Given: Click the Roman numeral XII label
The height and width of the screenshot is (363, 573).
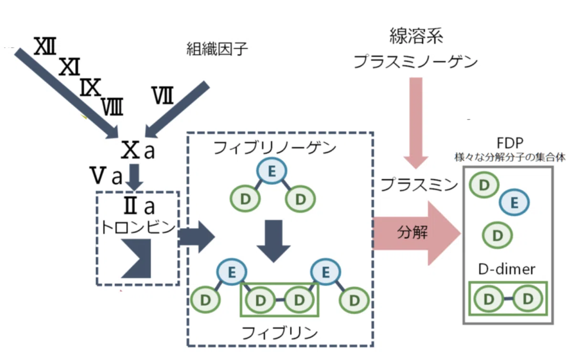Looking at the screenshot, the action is (45, 46).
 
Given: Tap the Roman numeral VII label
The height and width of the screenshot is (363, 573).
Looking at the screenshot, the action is (163, 95).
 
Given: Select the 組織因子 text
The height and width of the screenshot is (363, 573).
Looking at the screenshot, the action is (217, 49).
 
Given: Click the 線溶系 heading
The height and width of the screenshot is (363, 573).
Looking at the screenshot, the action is (416, 36).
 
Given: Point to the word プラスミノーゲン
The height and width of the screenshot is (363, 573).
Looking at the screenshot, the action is (415, 62).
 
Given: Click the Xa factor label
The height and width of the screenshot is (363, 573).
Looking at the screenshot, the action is (138, 150).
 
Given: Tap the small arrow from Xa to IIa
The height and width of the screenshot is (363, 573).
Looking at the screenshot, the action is (134, 177).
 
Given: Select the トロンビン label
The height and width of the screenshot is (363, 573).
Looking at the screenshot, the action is (138, 227).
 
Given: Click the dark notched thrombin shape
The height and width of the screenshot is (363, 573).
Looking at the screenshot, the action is (139, 258).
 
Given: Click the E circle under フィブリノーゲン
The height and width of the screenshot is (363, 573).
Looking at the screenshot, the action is (272, 171).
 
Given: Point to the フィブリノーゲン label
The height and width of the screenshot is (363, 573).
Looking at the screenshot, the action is (275, 148).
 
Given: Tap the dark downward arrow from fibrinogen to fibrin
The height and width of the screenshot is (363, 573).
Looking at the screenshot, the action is (274, 241).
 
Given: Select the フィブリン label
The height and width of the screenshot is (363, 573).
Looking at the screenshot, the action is (280, 333).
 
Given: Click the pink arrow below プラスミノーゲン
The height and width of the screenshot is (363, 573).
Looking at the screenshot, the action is (416, 123).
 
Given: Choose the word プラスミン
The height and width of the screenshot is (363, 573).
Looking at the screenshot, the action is (419, 185).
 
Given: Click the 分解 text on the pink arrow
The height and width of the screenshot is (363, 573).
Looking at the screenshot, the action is (412, 232).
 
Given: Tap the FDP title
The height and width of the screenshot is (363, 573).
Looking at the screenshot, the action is (510, 143).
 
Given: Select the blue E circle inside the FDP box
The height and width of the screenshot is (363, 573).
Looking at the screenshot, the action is (514, 202).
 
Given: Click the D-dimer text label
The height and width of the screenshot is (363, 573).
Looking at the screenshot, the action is (507, 269).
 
